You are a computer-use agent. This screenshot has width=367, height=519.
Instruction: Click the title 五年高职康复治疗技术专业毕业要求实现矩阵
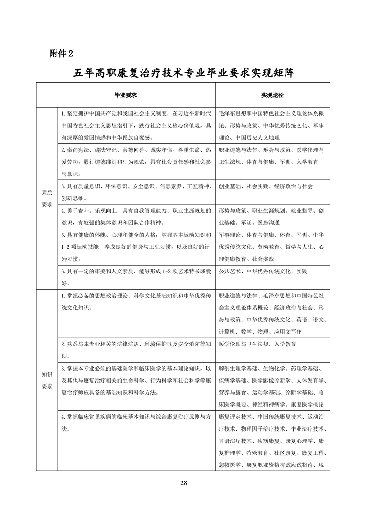click(x=184, y=73)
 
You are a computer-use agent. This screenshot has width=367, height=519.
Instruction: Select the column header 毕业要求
click(x=125, y=94)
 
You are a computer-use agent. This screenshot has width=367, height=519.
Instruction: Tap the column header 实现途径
click(x=272, y=94)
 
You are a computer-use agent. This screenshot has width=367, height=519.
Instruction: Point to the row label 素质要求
click(x=47, y=199)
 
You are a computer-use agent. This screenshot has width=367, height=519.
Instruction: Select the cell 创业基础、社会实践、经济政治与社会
click(x=266, y=186)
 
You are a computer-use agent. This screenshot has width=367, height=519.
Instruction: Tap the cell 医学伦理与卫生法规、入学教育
click(x=257, y=344)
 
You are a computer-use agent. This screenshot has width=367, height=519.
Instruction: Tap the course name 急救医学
click(x=229, y=464)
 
